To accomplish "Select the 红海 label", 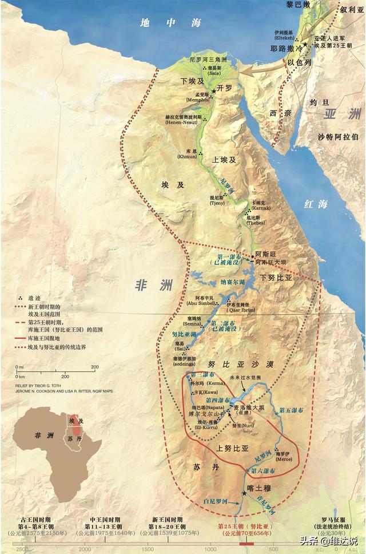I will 316,204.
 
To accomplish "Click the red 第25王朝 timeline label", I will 244,526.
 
